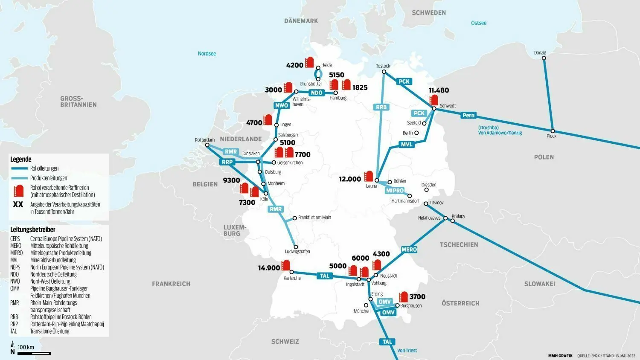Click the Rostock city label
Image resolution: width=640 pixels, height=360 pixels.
pyautogui.click(x=382, y=66)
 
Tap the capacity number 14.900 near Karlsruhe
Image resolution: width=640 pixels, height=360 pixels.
pyautogui.click(x=269, y=268)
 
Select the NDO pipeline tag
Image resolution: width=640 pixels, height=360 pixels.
pyautogui.click(x=317, y=93)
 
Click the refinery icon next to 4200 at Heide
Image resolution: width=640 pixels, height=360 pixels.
pyautogui.click(x=310, y=62)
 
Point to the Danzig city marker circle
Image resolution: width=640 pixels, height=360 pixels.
pyautogui.click(x=544, y=58)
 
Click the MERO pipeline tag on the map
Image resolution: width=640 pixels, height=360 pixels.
pyautogui.click(x=409, y=250)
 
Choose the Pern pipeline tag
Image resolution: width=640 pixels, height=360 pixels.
pyautogui.click(x=468, y=115)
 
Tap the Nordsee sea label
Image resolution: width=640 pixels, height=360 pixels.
pyautogui.click(x=207, y=54)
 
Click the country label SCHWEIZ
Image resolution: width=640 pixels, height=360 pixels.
pyautogui.click(x=285, y=342)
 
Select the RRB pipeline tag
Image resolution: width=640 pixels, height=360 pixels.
pyautogui.click(x=381, y=107)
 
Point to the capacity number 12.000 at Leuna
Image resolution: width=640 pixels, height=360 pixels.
pyautogui.click(x=350, y=179)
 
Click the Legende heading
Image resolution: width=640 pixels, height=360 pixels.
pyautogui.click(x=21, y=159)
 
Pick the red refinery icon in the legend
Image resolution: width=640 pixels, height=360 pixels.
pyautogui.click(x=18, y=191)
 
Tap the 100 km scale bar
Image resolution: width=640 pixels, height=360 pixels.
pyautogui.click(x=34, y=353)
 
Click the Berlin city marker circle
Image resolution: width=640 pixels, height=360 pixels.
pyautogui.click(x=416, y=133)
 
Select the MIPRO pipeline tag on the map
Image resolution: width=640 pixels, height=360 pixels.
pyautogui.click(x=395, y=191)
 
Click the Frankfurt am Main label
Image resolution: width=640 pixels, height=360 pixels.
pyautogui.click(x=314, y=218)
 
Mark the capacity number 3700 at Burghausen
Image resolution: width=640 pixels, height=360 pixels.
pyautogui.click(x=417, y=297)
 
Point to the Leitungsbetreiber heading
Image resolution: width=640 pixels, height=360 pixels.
pyautogui.click(x=33, y=229)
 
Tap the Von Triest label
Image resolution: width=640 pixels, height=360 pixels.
pyautogui.click(x=407, y=351)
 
